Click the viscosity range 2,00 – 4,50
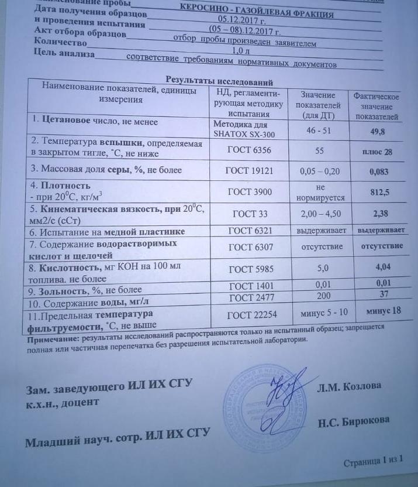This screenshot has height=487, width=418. coord(319,214)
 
